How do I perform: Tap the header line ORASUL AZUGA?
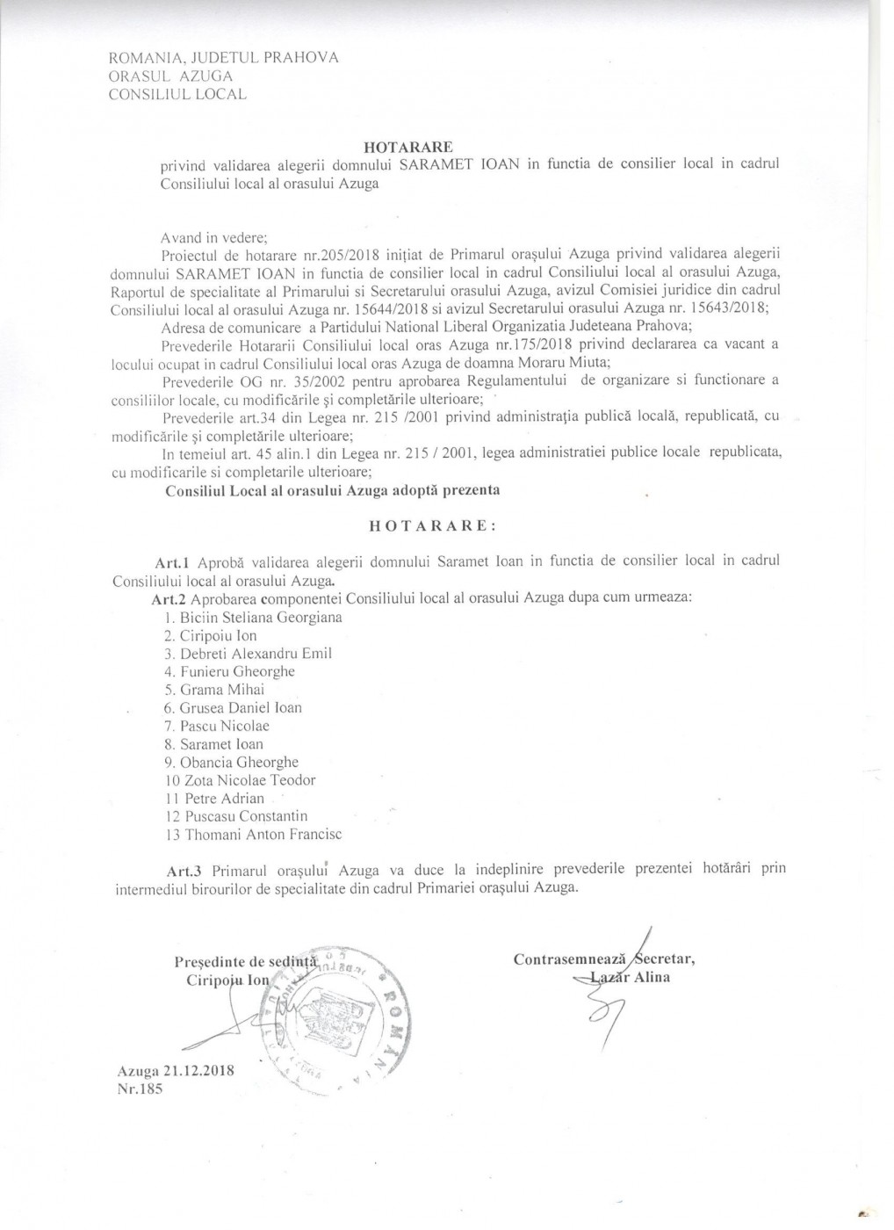tap(169, 76)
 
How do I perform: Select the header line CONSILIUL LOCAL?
tap(177, 94)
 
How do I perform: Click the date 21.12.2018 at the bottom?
tap(203, 1072)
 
